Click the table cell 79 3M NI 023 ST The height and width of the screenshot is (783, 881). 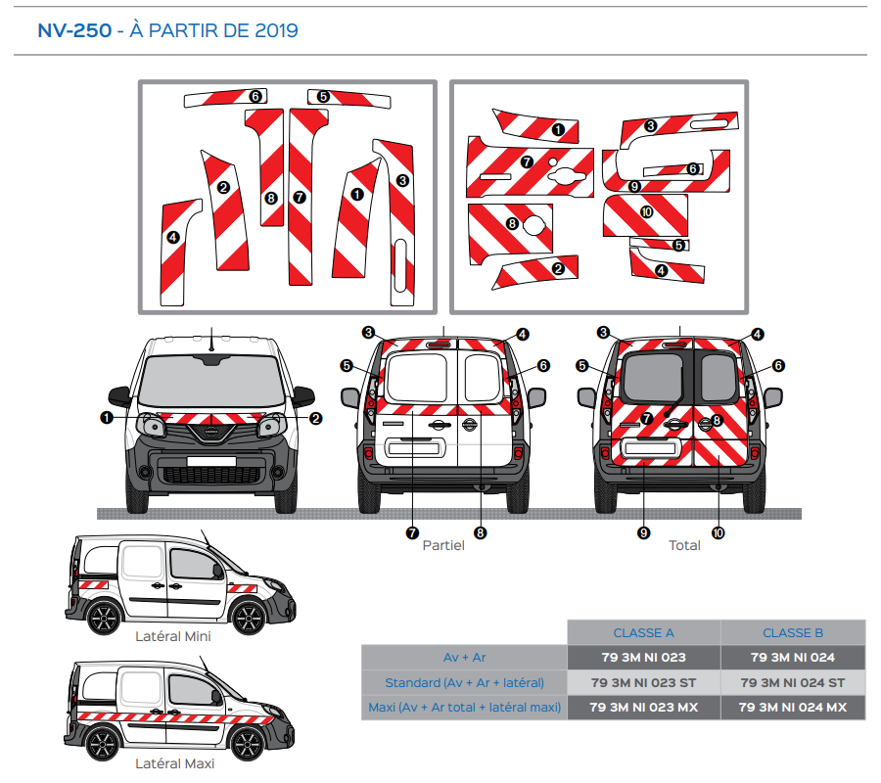[643, 682]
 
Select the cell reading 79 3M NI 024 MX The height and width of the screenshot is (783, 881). [793, 707]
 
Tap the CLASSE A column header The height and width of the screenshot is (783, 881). [643, 633]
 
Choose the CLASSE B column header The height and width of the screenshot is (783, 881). [793, 633]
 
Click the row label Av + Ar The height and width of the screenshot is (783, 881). [464, 658]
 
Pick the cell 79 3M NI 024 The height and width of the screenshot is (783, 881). [793, 658]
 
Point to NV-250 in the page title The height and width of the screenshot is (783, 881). [74, 30]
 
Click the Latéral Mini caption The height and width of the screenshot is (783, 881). [172, 636]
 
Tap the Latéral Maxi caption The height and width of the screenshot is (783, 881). [174, 763]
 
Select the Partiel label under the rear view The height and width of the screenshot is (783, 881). [443, 545]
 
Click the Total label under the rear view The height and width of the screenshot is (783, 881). [684, 545]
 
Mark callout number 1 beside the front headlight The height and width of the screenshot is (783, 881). [106, 418]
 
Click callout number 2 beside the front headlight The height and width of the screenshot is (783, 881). [315, 418]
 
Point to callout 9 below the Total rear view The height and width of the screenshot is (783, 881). [643, 533]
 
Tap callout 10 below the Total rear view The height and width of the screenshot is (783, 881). [719, 533]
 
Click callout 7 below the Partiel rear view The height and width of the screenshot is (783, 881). [413, 533]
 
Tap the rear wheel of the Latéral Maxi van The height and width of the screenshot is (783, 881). [101, 744]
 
